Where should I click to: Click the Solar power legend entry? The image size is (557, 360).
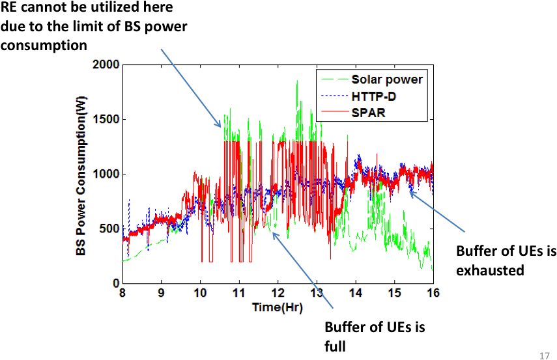387,79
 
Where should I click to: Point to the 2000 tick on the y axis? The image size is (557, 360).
106,65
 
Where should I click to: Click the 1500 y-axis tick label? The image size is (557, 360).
106,120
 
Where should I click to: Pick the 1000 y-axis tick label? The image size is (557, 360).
106,174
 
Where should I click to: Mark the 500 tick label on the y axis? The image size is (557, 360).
109,228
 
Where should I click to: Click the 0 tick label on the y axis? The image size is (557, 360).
115,283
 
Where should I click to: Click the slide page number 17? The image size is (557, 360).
545,355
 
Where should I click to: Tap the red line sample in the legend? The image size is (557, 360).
333,113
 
